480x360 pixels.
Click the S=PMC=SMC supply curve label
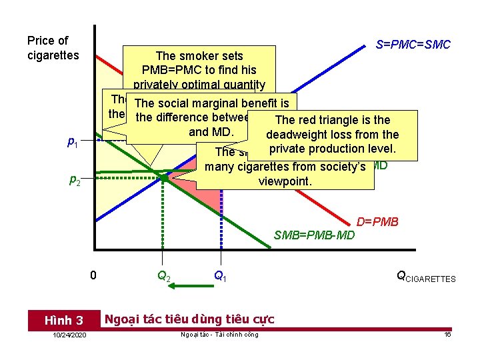pyautogui.click(x=413, y=45)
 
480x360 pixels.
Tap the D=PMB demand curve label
pyautogui.click(x=377, y=221)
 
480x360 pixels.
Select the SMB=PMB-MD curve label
pyautogui.click(x=315, y=235)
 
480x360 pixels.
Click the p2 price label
pyautogui.click(x=75, y=179)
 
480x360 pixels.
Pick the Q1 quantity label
pyautogui.click(x=219, y=275)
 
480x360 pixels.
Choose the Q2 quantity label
pyautogui.click(x=163, y=275)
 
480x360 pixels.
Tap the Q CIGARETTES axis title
pyautogui.click(x=426, y=277)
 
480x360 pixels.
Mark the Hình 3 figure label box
pyautogui.click(x=63, y=320)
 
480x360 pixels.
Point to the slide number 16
pyautogui.click(x=447, y=334)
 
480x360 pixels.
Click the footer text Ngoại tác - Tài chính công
pyautogui.click(x=219, y=334)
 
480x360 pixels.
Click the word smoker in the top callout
pyautogui.click(x=198, y=56)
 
